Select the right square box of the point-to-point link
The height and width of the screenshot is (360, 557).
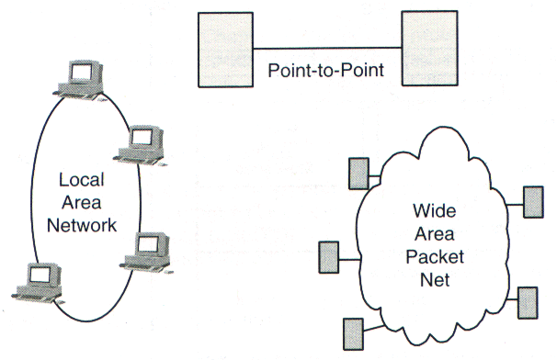pos(429,48)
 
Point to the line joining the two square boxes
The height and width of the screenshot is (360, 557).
pos(326,48)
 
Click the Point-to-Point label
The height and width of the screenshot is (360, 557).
pos(325,71)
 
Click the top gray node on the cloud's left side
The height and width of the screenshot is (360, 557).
pos(359,170)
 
